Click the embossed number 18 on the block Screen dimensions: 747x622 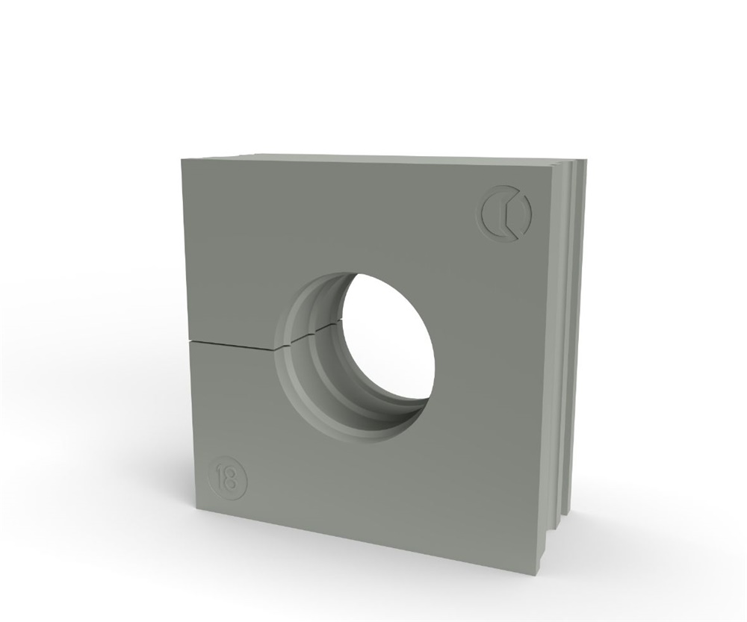click(x=228, y=476)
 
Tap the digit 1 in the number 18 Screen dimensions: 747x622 click(x=220, y=476)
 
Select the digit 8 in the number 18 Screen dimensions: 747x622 click(x=232, y=476)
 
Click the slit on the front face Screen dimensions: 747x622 click(x=233, y=345)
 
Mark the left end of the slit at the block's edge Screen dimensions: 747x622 click(x=190, y=340)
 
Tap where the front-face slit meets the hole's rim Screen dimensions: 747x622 click(x=276, y=349)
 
